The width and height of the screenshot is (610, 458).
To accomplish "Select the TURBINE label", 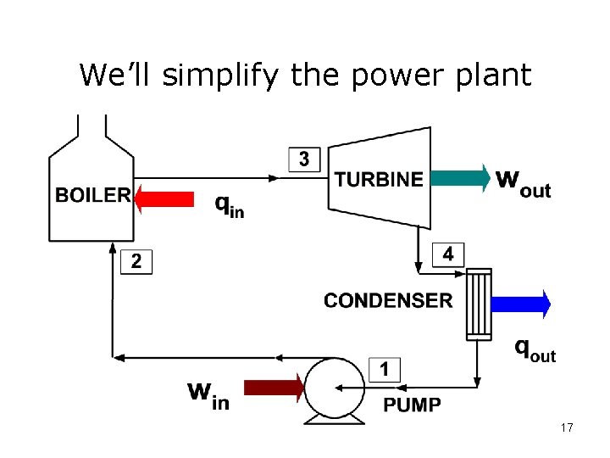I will tap(379, 179).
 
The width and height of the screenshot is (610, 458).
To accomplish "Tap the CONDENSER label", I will tap(388, 300).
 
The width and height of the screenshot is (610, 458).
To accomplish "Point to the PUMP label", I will tap(413, 405).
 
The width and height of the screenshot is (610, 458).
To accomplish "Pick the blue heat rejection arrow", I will tap(520, 303).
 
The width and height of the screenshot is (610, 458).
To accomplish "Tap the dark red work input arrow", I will tap(274, 388).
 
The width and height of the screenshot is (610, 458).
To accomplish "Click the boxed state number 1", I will tap(385, 370).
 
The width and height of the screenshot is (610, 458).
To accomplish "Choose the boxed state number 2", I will tap(136, 262).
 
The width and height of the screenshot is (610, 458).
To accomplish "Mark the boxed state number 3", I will tap(304, 159).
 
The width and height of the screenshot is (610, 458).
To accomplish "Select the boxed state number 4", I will tap(448, 254).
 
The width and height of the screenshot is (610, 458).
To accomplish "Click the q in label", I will tap(229, 205).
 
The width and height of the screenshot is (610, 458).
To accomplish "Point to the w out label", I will tap(523, 182).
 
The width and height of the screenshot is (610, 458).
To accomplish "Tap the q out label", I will tap(535, 349).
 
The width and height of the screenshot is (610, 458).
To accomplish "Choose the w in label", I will tap(208, 394).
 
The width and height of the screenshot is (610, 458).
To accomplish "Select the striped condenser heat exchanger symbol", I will tap(479, 304).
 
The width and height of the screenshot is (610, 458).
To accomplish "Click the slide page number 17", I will tap(567, 428).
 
